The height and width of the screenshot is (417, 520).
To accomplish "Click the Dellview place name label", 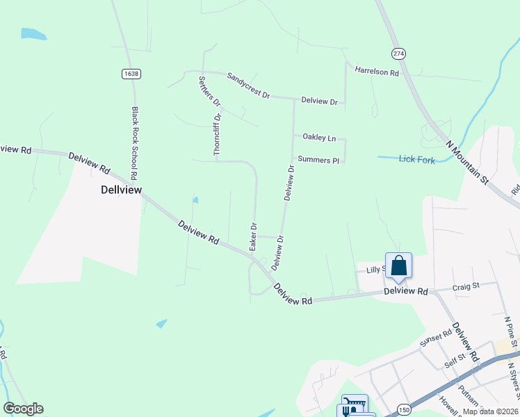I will click(121, 189).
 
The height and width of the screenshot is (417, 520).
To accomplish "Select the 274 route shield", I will click(398, 54).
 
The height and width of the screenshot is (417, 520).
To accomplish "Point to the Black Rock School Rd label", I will click(136, 135).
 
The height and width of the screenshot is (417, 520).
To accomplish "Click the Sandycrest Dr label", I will click(247, 89).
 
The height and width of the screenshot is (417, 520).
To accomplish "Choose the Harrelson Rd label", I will click(376, 72).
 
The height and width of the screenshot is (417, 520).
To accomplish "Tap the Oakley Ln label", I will click(319, 138).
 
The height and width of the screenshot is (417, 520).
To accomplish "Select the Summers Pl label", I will click(318, 160).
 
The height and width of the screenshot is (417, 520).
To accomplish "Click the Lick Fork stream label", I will click(417, 159).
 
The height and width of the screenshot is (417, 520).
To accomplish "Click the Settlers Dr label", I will click(209, 91).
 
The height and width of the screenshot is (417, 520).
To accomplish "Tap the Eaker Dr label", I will click(254, 236).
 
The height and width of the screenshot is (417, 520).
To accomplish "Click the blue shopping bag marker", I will click(398, 266).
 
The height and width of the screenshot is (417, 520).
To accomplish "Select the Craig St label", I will click(466, 286).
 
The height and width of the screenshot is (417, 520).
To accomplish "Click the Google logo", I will click(23, 409).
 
